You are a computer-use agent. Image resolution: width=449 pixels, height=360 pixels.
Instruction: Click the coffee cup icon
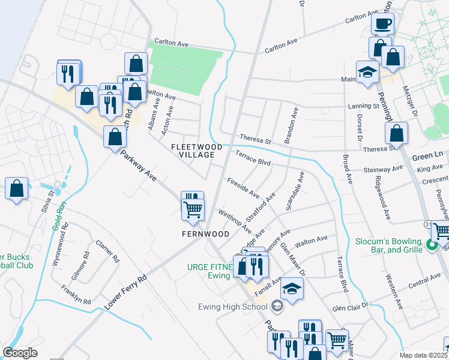pyautogui.click(x=382, y=25)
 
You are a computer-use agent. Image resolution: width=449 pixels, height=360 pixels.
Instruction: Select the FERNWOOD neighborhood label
pyautogui.click(x=206, y=233)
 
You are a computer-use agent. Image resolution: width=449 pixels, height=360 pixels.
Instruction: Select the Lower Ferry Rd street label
pyautogui.click(x=125, y=292)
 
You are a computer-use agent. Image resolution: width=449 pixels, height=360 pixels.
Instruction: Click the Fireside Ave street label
pyautogui.click(x=243, y=188)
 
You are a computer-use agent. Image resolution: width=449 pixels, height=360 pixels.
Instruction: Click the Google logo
pyautogui.click(x=20, y=353)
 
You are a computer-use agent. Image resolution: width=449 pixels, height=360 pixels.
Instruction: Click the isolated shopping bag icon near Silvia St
pyautogui.click(x=17, y=188)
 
